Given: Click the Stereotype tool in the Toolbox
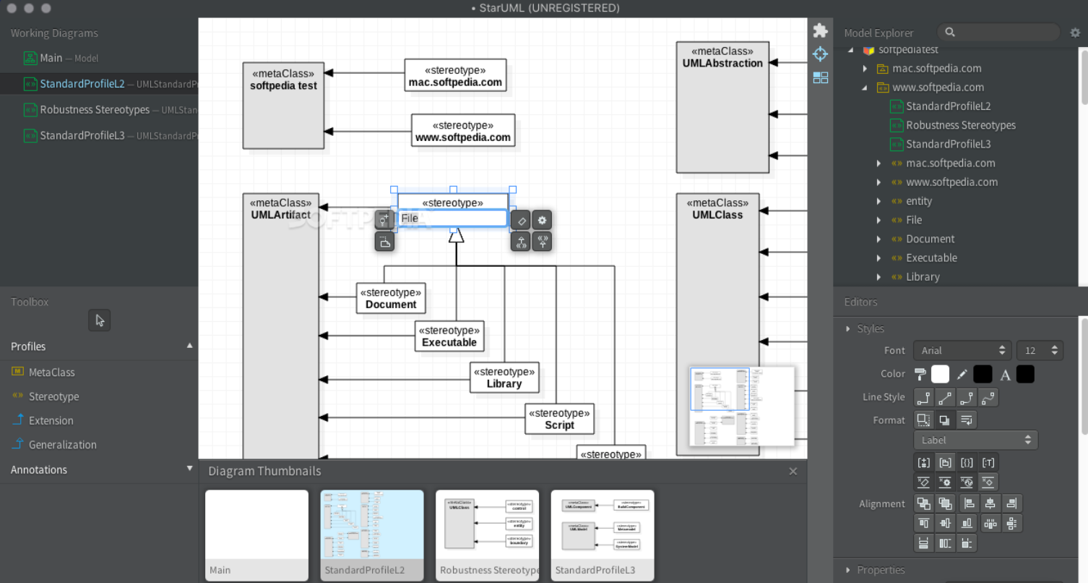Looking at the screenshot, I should (x=53, y=396).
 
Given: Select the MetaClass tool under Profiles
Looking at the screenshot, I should (x=51, y=372).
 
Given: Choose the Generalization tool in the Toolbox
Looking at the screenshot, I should (x=62, y=445).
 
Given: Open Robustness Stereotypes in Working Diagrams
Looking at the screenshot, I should (x=95, y=110).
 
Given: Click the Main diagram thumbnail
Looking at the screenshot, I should (x=256, y=535).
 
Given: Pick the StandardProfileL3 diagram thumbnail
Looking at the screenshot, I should (x=602, y=535).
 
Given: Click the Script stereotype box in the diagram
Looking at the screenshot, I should (x=559, y=420).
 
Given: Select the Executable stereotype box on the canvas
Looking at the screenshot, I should (x=449, y=336).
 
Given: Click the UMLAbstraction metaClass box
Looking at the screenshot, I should (x=722, y=108).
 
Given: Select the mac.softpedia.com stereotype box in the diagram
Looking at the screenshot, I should (x=455, y=76).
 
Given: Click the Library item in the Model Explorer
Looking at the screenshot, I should (x=923, y=276).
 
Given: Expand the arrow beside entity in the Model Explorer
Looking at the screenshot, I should (x=878, y=201).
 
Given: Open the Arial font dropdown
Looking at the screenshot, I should (x=962, y=350).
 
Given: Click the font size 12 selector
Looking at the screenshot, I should (x=1039, y=350).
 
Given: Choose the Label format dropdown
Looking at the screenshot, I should (x=975, y=440).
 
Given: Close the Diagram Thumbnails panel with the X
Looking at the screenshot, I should (x=793, y=471).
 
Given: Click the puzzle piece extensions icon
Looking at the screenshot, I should (x=820, y=30).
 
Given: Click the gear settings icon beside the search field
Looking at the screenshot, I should (x=1075, y=33).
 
